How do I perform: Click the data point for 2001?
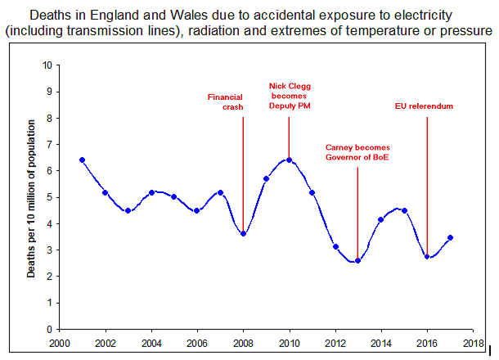click(82, 160)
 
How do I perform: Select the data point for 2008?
click(243, 234)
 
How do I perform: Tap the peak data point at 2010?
click(289, 160)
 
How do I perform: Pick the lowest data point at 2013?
click(357, 261)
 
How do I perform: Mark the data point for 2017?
click(450, 237)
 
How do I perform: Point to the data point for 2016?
click(427, 257)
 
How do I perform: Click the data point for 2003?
click(128, 210)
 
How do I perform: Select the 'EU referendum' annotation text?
click(424, 106)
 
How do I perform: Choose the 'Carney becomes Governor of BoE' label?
click(357, 152)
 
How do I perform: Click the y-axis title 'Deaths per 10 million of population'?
click(31, 197)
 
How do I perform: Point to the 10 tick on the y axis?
click(47, 65)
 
